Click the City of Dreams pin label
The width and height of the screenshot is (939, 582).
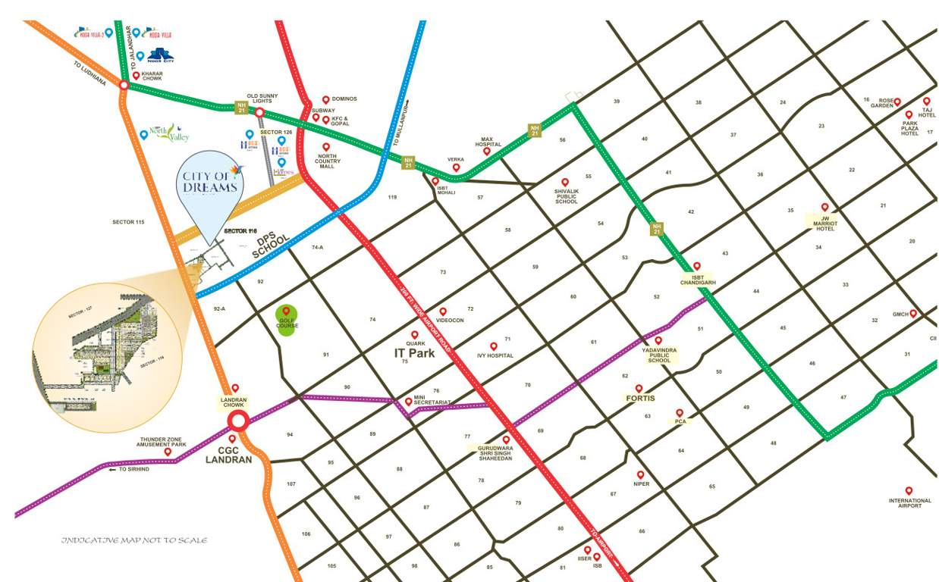click(210, 182)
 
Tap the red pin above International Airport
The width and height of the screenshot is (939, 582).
click(909, 490)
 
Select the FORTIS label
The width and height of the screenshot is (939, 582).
click(640, 398)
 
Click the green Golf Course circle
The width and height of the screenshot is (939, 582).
click(287, 316)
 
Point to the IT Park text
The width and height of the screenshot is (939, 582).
click(414, 352)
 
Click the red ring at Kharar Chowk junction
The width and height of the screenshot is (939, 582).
click(124, 85)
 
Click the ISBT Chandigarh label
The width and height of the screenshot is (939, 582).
click(698, 279)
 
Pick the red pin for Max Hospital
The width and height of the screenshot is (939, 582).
click(487, 152)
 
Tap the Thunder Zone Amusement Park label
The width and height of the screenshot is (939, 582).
click(163, 442)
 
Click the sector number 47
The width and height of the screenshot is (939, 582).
click(843, 397)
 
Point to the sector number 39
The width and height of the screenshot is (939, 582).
click(617, 101)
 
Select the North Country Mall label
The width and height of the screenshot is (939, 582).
click(327, 161)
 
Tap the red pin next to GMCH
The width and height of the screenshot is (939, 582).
click(913, 313)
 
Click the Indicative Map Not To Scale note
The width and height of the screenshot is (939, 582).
click(134, 540)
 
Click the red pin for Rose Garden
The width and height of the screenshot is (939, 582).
click(897, 102)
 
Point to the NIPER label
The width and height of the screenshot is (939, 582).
click(642, 483)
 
